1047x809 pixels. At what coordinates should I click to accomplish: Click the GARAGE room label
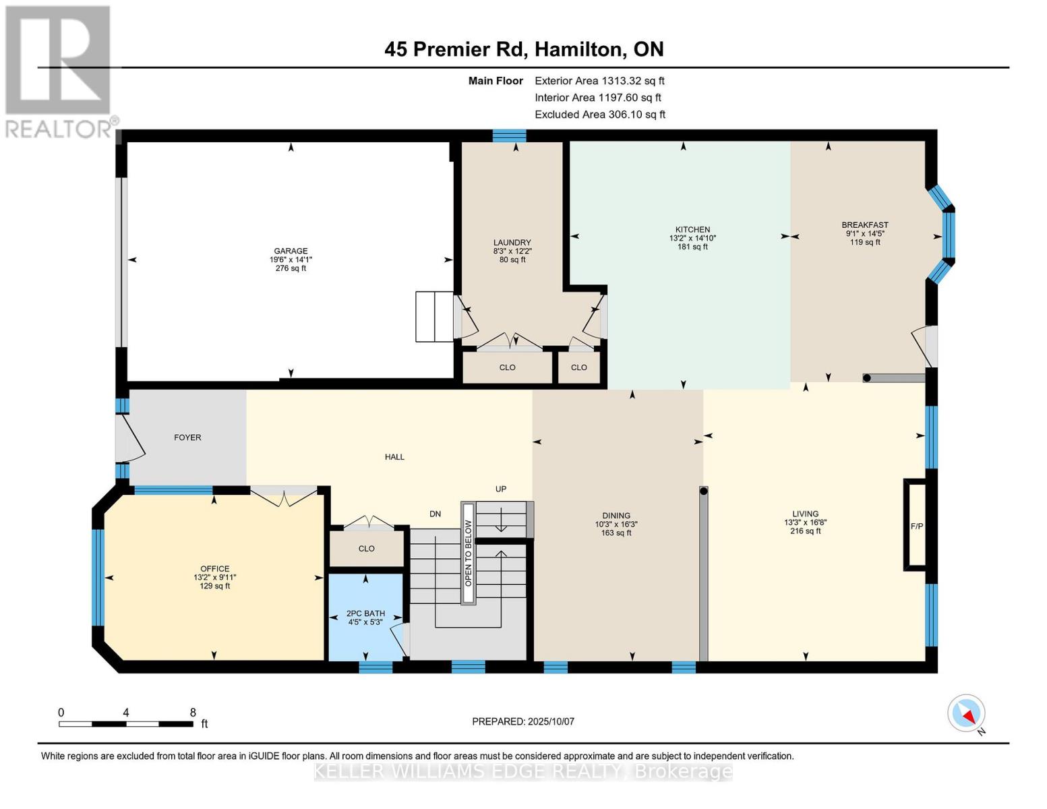pyautogui.click(x=291, y=251)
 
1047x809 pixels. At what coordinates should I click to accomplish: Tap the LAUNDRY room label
pyautogui.click(x=512, y=243)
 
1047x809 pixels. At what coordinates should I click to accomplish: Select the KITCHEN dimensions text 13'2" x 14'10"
pyautogui.click(x=692, y=238)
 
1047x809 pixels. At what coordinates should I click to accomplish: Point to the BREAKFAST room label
pyautogui.click(x=864, y=225)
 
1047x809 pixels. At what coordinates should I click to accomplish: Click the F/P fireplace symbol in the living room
pyautogui.click(x=916, y=526)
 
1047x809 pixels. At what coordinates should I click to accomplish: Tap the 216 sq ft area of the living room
pyautogui.click(x=805, y=531)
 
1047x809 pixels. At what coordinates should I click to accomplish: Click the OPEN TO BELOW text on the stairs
pyautogui.click(x=468, y=553)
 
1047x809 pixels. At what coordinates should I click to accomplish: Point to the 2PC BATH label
pyautogui.click(x=365, y=613)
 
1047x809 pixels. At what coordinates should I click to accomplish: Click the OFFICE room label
pyautogui.click(x=214, y=569)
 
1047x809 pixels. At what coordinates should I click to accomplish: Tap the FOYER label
pyautogui.click(x=187, y=438)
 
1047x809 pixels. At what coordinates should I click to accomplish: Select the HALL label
pyautogui.click(x=394, y=457)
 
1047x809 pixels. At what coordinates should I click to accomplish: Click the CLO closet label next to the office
pyautogui.click(x=366, y=549)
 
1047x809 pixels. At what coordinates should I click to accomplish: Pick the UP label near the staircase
pyautogui.click(x=500, y=489)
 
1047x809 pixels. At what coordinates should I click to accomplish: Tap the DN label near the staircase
pyautogui.click(x=435, y=514)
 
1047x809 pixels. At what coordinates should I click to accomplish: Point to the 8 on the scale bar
pyautogui.click(x=193, y=713)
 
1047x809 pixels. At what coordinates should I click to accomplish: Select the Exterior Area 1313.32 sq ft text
pyautogui.click(x=599, y=81)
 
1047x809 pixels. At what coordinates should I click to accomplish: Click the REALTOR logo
pyautogui.click(x=59, y=71)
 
